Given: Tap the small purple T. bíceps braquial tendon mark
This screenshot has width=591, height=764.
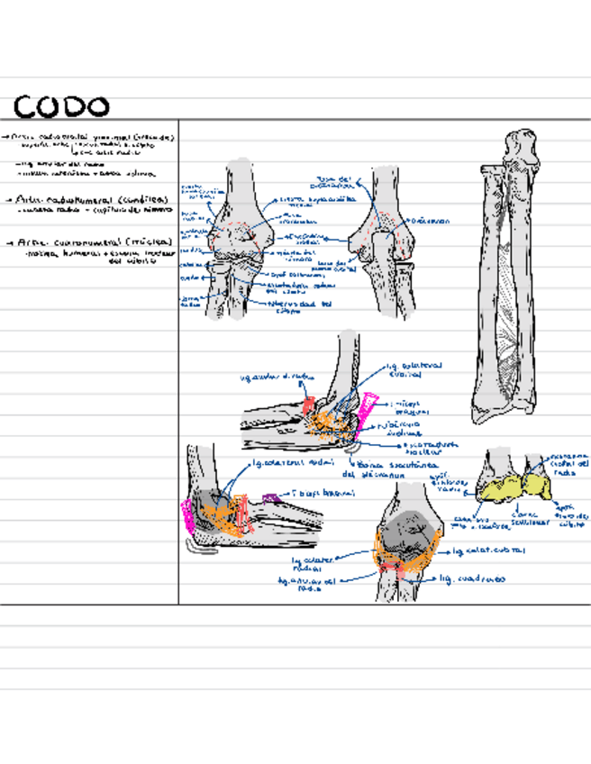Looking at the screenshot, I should pos(268,496).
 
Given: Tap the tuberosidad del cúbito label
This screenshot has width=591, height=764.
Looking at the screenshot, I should pos(301,306).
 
